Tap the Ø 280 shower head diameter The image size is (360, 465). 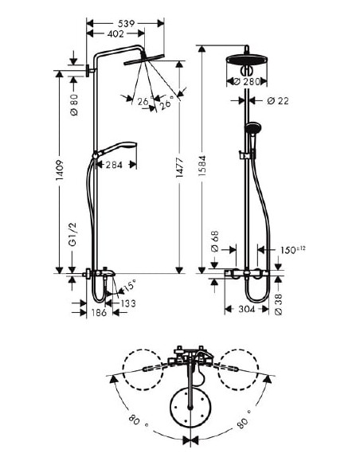(x=250, y=81)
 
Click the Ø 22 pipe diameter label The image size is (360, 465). (x=276, y=100)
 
